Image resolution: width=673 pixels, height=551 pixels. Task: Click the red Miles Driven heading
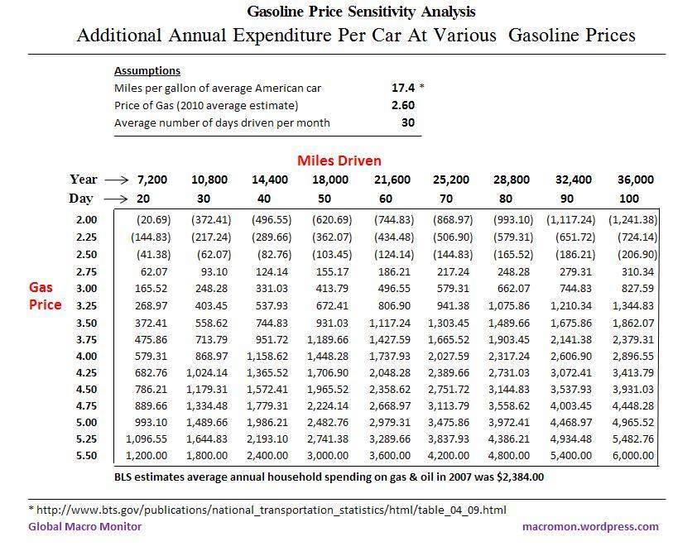point(339,160)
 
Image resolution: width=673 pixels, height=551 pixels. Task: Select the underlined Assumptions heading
point(147,70)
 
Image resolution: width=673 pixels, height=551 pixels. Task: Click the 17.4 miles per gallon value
point(403,87)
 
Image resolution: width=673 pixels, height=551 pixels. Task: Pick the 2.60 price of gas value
point(402,105)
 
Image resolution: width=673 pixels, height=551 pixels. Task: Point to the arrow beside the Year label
point(117,179)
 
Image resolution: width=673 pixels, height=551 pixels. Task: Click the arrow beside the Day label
point(117,199)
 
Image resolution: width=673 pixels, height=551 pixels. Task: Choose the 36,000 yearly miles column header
point(635,179)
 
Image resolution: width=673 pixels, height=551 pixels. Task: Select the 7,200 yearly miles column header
point(151,179)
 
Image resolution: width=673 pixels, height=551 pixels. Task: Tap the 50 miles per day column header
point(324,199)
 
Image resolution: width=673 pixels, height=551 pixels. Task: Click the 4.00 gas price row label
point(86,356)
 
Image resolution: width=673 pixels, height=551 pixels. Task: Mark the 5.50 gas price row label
point(86,455)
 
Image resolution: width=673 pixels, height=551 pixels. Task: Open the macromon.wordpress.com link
point(590,526)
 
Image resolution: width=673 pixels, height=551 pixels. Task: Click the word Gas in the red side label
point(41,287)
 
